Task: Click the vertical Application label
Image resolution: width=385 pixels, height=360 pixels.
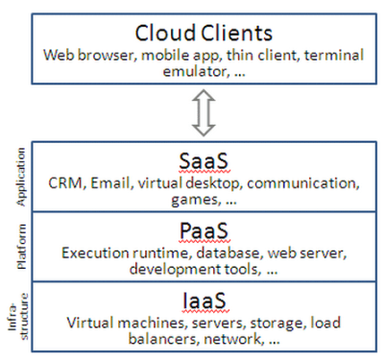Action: coord(21,177)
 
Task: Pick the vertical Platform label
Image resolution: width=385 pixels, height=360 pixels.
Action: coord(21,247)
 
